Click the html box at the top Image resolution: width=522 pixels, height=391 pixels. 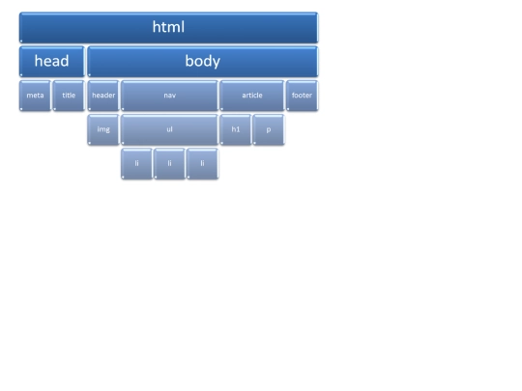click(x=169, y=28)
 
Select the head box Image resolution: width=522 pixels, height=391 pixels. click(x=52, y=62)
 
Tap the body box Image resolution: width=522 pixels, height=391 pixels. click(x=203, y=62)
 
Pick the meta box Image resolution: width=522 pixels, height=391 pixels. click(x=36, y=96)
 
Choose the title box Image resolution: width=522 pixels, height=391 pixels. click(x=69, y=96)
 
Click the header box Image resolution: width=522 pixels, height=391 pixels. click(x=103, y=96)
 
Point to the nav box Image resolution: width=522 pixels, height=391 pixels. click(x=169, y=96)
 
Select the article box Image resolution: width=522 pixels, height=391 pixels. click(x=252, y=96)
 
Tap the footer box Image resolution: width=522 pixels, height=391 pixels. click(x=302, y=96)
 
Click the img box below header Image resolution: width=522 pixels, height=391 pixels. click(x=103, y=129)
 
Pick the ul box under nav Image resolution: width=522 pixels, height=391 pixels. click(x=169, y=129)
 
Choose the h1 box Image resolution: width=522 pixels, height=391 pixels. click(x=236, y=129)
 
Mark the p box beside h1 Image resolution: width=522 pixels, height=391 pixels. click(x=269, y=129)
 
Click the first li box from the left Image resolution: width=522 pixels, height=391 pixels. click(x=137, y=163)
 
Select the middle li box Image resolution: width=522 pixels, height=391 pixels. click(x=169, y=163)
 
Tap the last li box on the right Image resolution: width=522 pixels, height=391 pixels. click(x=202, y=163)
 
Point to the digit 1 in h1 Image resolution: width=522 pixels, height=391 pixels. click(x=238, y=129)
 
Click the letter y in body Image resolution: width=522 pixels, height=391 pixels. click(x=216, y=63)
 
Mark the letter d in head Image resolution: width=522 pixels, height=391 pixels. click(x=65, y=61)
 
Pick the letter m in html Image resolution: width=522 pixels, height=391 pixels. click(x=172, y=28)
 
